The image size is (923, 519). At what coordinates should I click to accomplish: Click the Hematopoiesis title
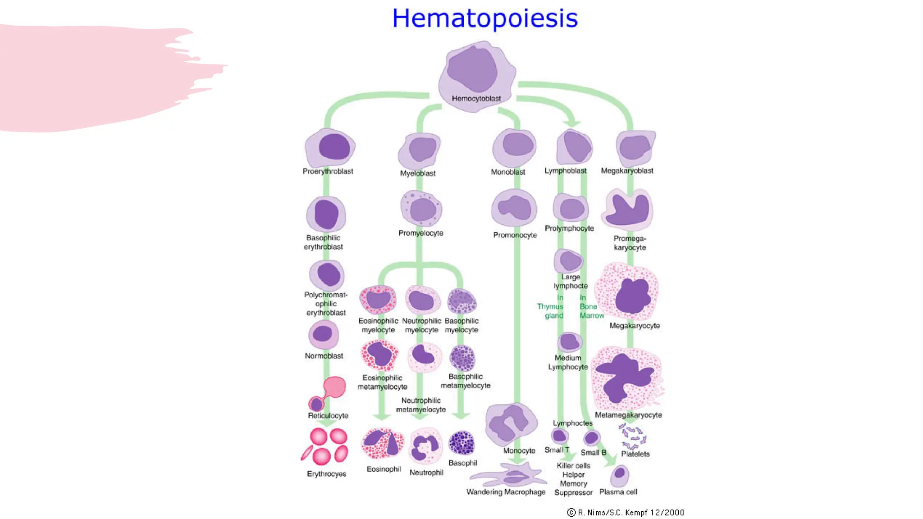pyautogui.click(x=484, y=18)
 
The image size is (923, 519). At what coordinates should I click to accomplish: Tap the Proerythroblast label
pyautogui.click(x=328, y=171)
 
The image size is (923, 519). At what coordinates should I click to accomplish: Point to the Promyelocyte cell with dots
pyautogui.click(x=421, y=209)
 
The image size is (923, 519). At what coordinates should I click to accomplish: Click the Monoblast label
pyautogui.click(x=508, y=172)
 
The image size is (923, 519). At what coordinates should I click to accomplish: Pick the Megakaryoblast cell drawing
pyautogui.click(x=635, y=148)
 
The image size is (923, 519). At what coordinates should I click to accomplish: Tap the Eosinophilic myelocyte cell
pyautogui.click(x=378, y=299)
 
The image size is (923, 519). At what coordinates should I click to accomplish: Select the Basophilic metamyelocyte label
pyautogui.click(x=465, y=381)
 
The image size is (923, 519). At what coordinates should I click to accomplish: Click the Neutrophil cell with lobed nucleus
pyautogui.click(x=425, y=446)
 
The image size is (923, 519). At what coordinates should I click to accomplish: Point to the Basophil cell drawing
pyautogui.click(x=461, y=442)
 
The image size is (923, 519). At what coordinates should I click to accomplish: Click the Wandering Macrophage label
pyautogui.click(x=506, y=492)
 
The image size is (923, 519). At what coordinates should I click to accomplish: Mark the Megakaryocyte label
pyautogui.click(x=634, y=325)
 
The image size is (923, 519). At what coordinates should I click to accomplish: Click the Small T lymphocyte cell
pyautogui.click(x=559, y=436)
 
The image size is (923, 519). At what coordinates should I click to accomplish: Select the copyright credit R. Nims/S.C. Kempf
pyautogui.click(x=626, y=512)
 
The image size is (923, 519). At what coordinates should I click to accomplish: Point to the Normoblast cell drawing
pyautogui.click(x=323, y=334)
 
